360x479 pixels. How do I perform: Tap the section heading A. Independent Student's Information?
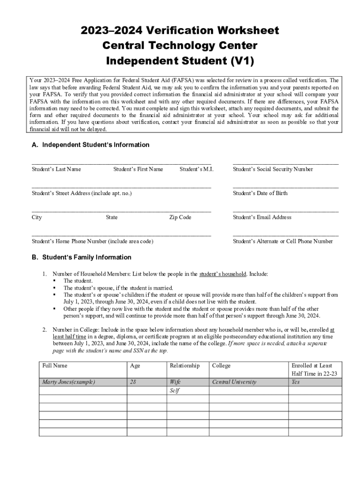coord(90,145)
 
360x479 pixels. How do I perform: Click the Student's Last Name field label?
coord(56,169)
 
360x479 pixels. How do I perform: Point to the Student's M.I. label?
coord(196,169)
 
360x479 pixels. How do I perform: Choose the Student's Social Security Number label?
coord(273,169)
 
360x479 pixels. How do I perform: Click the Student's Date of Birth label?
coord(260,193)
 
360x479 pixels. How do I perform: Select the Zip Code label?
coord(180,218)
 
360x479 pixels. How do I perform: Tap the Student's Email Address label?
coord(262,218)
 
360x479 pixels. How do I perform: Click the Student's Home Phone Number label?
coord(92,241)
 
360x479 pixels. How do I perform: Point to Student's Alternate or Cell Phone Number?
coord(282,241)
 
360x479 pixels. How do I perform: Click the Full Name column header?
coord(55,365)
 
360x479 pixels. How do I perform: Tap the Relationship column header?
coord(185,365)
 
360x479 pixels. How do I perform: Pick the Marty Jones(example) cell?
coord(68,382)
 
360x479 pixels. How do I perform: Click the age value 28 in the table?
coord(133,382)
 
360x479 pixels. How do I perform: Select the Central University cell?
coord(234,382)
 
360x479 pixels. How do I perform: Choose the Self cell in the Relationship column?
coord(175,391)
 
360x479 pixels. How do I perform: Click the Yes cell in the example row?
coord(295,382)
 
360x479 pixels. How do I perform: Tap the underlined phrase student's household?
coord(223,274)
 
